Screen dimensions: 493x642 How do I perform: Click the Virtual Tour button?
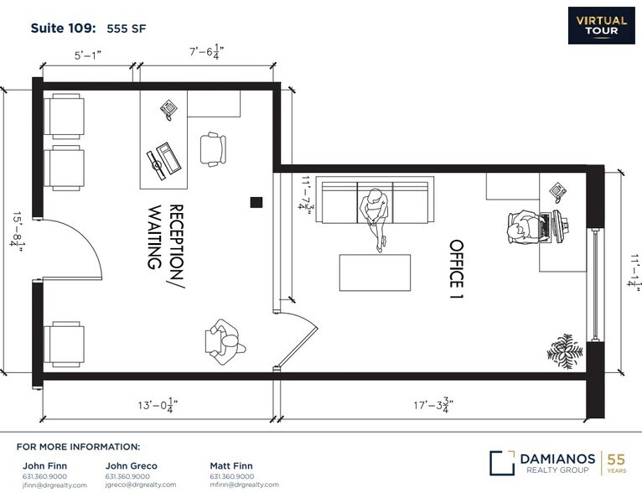(603, 25)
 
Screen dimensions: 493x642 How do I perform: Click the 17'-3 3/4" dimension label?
(430, 405)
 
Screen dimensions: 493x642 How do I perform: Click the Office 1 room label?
(457, 270)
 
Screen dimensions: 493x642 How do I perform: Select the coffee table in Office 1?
(375, 272)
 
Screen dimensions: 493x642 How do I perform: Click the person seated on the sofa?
(375, 211)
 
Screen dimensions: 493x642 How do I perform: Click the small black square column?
(256, 200)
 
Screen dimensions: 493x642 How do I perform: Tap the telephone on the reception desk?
(170, 107)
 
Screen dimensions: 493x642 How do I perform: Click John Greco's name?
(131, 465)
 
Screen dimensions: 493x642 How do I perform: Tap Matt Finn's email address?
(244, 485)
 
